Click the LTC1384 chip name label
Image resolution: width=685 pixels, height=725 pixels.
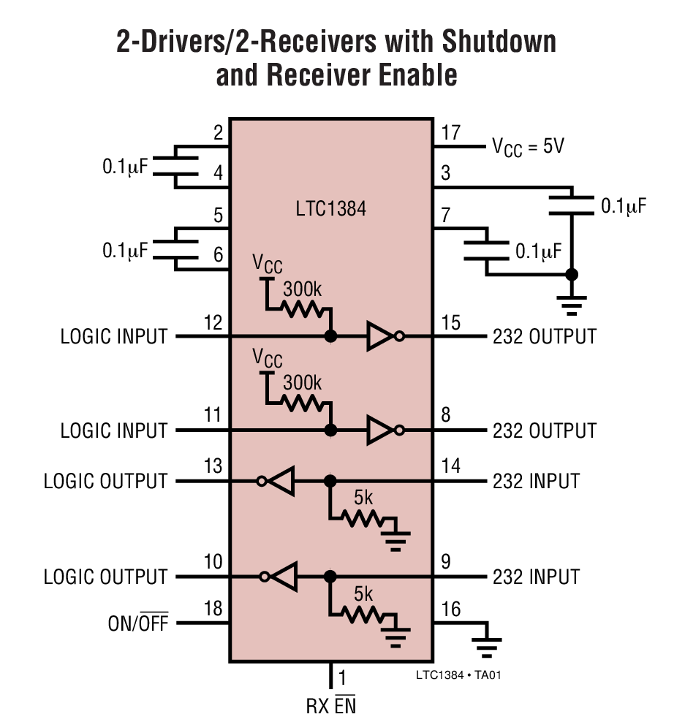click(330, 210)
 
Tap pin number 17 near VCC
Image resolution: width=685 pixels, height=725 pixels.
click(451, 133)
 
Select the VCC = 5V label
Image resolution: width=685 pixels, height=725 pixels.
click(527, 147)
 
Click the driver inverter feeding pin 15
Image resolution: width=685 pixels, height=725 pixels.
click(382, 336)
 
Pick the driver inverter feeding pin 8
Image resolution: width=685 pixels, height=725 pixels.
click(382, 430)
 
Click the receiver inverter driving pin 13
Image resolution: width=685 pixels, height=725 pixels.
click(279, 481)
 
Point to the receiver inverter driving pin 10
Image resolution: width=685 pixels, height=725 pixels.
click(281, 577)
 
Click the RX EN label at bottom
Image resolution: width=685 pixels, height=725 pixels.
click(331, 707)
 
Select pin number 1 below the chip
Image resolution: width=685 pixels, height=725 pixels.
click(342, 677)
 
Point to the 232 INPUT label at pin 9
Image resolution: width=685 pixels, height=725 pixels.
click(536, 577)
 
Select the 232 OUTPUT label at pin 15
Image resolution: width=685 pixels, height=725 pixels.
click(544, 336)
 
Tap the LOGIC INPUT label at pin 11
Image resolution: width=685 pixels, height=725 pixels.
click(114, 430)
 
